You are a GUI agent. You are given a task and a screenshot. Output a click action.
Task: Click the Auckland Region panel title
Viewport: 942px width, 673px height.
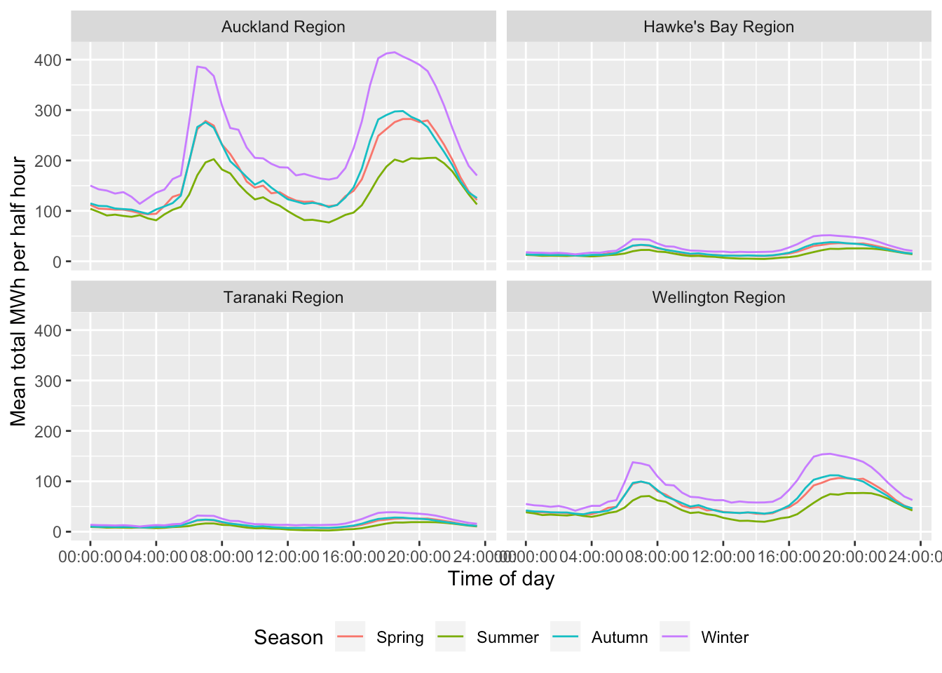coord(283,27)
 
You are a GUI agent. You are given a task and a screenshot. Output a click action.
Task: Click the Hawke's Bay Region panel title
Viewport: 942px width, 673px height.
coord(718,27)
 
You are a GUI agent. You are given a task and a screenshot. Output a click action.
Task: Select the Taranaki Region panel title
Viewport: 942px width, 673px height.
coord(283,297)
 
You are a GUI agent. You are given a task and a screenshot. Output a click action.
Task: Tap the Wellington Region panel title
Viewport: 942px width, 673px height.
coord(718,297)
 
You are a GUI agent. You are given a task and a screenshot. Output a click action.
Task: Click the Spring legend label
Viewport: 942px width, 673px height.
coord(400,637)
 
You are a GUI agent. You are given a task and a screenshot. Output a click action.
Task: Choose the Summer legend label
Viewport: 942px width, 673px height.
coord(507,637)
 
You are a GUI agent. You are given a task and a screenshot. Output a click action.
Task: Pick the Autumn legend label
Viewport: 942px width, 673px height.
coord(620,637)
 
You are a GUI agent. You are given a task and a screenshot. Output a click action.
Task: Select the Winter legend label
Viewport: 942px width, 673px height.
coord(725,637)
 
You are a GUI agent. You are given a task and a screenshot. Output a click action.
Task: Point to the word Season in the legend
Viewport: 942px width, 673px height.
coord(288,637)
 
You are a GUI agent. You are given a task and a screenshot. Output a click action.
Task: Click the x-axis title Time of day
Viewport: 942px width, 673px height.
coord(501,579)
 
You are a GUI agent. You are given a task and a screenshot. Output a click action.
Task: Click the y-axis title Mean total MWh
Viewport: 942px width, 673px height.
coord(18,291)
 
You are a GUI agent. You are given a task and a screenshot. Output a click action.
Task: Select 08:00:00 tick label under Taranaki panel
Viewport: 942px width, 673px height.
coord(221,557)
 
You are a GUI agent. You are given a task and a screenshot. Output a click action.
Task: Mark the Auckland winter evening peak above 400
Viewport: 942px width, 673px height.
coord(394,53)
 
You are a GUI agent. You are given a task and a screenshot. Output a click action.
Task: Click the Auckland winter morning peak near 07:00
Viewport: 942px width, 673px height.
coord(198,67)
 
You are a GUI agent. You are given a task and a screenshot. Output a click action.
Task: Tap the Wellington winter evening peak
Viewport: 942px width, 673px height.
coord(829,454)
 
